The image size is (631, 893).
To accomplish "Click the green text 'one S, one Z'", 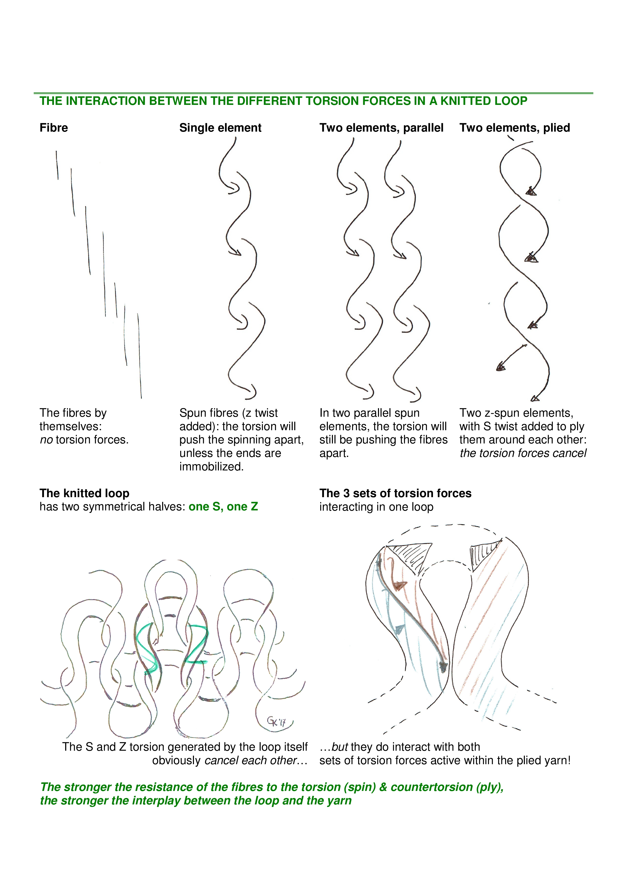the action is pos(223,506).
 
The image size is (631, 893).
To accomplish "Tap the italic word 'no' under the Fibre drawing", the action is pos(46,440).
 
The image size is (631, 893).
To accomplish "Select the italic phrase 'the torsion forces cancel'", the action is pos(523,453).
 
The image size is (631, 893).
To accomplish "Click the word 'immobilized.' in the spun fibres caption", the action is pos(212,467).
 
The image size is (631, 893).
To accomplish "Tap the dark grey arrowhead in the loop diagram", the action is pos(443,667).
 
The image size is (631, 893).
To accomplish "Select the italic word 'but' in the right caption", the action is pos(339,747).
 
